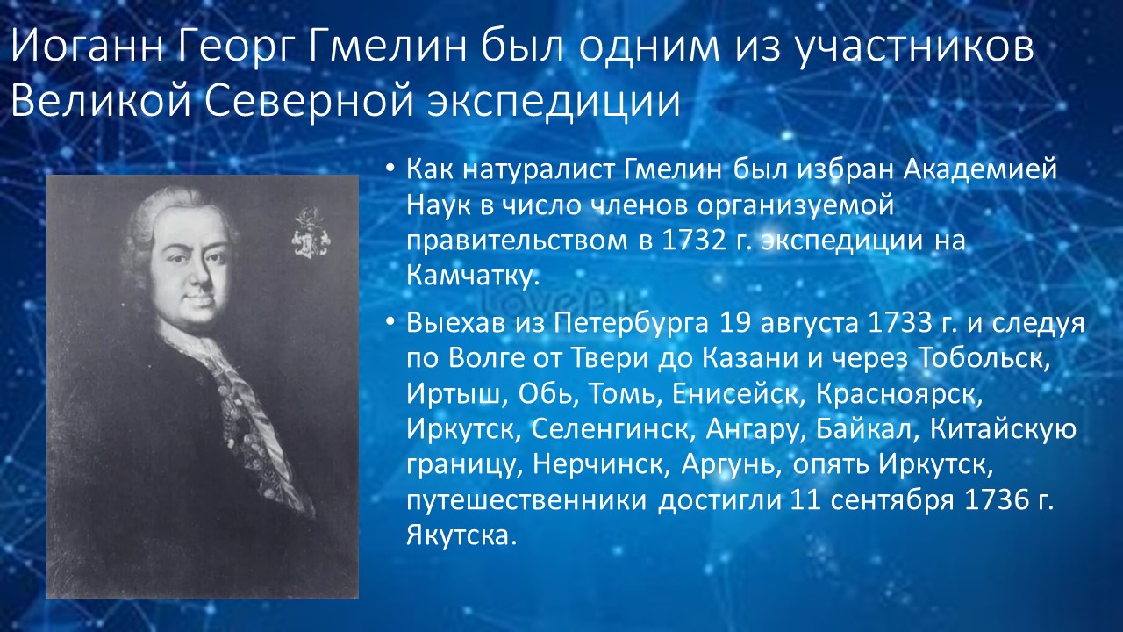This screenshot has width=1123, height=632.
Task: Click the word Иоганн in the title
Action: point(88,47)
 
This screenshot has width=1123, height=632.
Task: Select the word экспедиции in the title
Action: point(554,103)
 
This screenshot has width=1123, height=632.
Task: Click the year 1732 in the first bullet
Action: point(693,241)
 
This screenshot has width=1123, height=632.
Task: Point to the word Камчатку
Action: point(472,276)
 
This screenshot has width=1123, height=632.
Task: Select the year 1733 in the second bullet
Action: point(898,324)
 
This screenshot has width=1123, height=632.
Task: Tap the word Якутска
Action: point(461,536)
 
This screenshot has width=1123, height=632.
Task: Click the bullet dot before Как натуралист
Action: point(391,169)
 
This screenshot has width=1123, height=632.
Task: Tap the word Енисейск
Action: point(734,395)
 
